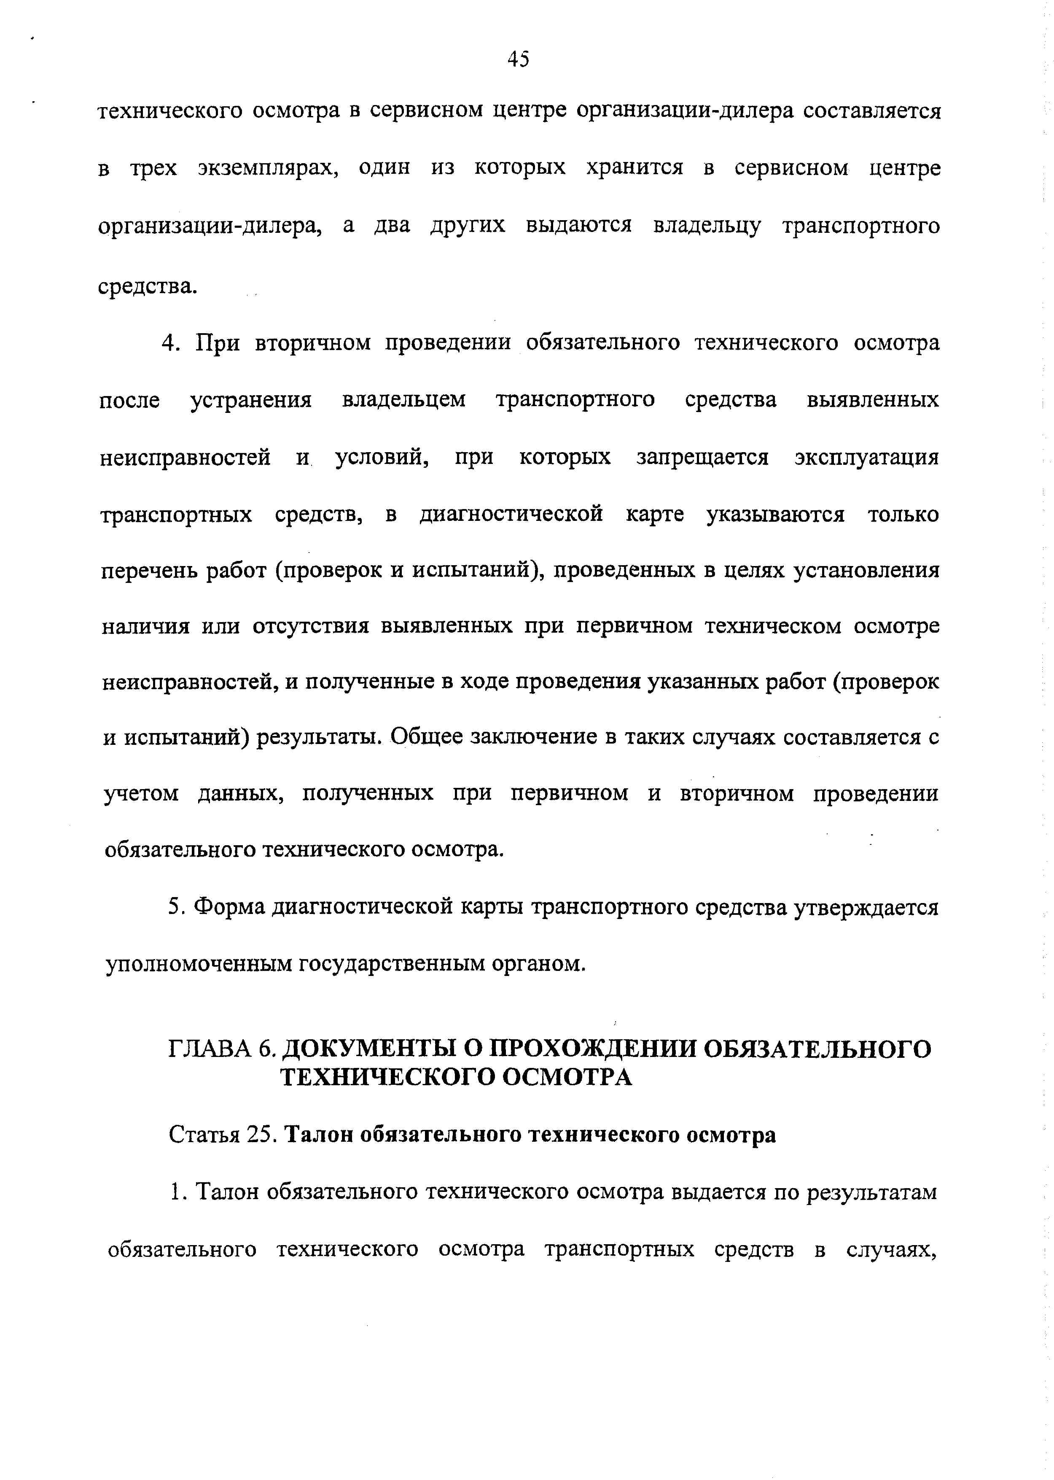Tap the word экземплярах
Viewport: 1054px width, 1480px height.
click(269, 169)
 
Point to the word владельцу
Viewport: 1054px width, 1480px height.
click(707, 226)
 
